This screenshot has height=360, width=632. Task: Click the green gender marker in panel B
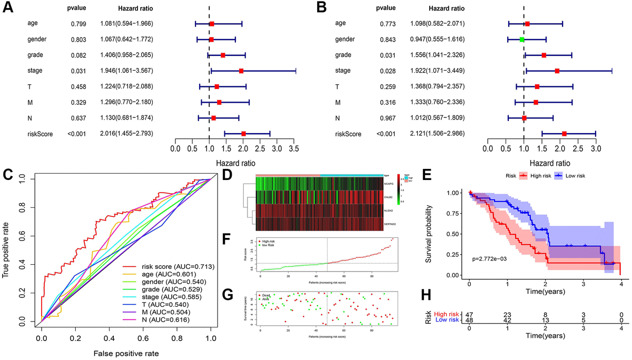[x=522, y=39]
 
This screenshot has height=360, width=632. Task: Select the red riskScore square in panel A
[x=243, y=134]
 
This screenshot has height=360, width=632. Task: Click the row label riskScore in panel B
[x=348, y=134]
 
